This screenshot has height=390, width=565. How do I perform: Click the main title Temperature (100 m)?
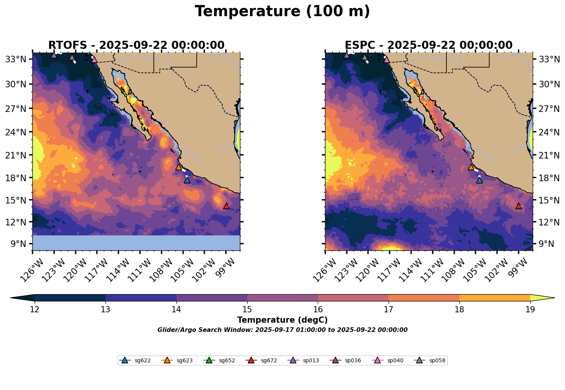pyautogui.click(x=282, y=12)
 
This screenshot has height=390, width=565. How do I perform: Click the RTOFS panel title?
pyautogui.click(x=136, y=45)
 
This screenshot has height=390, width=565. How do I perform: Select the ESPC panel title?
pyautogui.click(x=428, y=45)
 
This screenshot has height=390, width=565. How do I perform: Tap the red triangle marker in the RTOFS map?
pyautogui.click(x=226, y=206)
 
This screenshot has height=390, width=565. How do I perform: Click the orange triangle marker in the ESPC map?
pyautogui.click(x=471, y=167)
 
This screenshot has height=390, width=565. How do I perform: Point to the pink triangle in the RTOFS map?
pyautogui.click(x=94, y=60)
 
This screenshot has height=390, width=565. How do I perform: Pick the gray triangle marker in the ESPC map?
pyautogui.click(x=365, y=57)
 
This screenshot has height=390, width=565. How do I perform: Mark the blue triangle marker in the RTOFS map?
pyautogui.click(x=187, y=180)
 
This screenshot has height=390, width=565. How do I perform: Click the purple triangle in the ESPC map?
pyautogui.click(x=347, y=55)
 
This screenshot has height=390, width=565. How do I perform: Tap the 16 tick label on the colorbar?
pyautogui.click(x=318, y=310)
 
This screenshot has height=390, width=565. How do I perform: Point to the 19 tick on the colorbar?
pyautogui.click(x=530, y=310)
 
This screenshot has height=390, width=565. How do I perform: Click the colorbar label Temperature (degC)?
pyautogui.click(x=282, y=320)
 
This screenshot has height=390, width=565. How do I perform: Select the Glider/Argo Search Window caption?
pyautogui.click(x=282, y=330)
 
